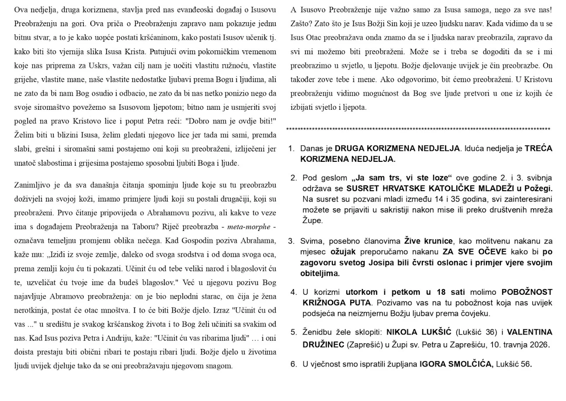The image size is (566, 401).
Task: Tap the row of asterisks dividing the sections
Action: click(x=418, y=129)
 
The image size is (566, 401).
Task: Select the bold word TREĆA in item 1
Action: click(x=538, y=148)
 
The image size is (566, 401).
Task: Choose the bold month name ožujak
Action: click(x=344, y=251)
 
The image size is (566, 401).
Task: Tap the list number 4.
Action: click(x=293, y=292)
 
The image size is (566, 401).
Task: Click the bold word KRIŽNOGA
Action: click(x=321, y=302)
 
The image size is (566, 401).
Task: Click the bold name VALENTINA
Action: click(x=529, y=332)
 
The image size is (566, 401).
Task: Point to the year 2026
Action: click(x=538, y=344)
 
